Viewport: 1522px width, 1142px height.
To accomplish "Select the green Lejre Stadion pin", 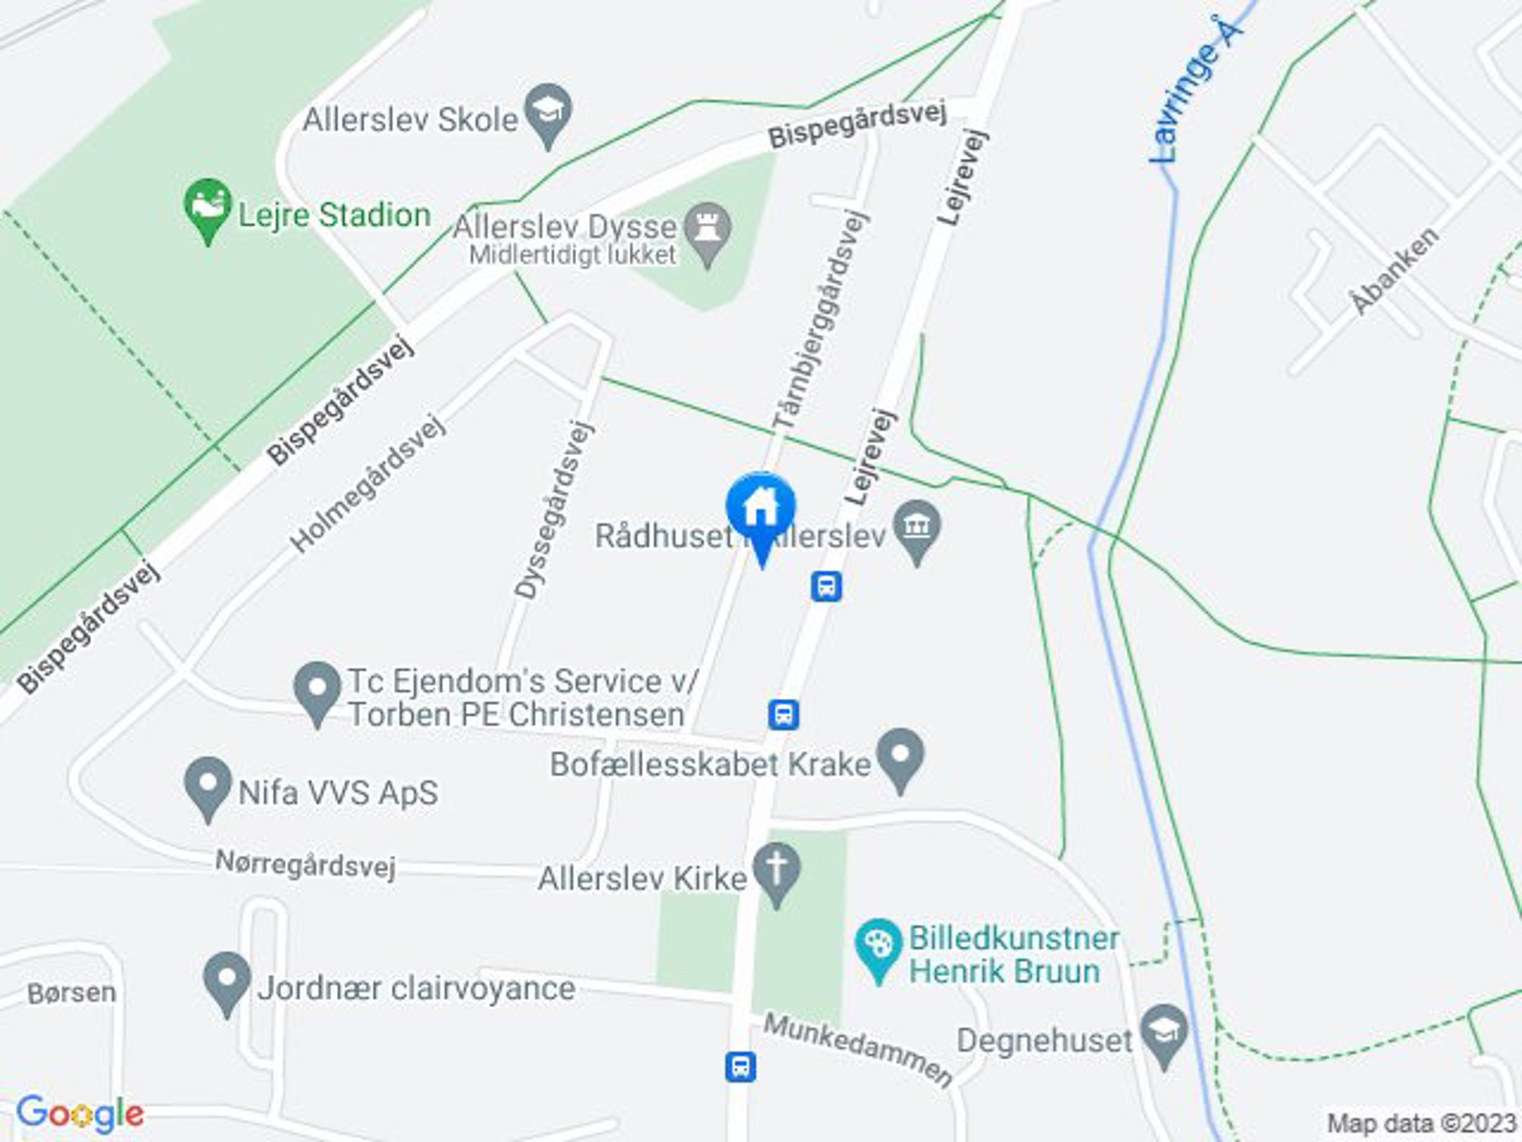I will pos(207,206).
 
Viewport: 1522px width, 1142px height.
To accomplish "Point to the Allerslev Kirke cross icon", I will pos(776,870).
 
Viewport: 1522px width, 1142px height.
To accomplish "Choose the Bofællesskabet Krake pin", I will pos(900,756).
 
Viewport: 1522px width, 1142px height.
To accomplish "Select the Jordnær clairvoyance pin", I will pos(227,980).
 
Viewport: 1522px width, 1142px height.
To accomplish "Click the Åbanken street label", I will pos(1395,270).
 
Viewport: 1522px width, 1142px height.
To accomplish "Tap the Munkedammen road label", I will pos(858,1050).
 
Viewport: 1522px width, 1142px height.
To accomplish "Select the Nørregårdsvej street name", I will pos(306,866).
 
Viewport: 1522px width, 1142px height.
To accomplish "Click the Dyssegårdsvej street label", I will pos(553,510).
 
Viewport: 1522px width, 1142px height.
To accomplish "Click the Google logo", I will pos(80,1114).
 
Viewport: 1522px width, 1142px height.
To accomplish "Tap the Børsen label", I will pos(72,993).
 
